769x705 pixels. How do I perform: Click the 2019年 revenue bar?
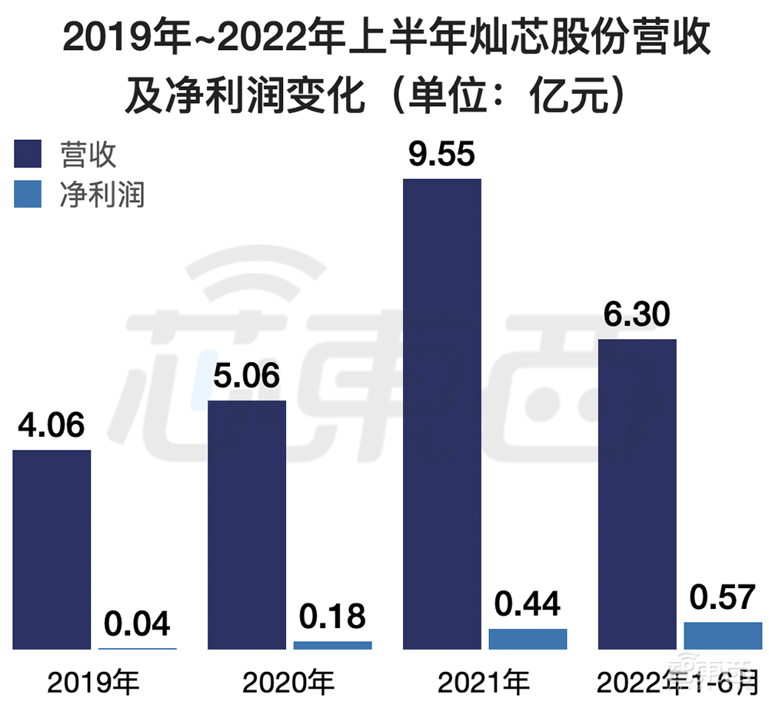point(52,550)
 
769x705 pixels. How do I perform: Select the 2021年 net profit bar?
point(528,639)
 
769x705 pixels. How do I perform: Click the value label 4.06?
point(52,425)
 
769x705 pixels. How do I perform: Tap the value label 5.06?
point(247,376)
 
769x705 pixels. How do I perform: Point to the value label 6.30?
point(637,314)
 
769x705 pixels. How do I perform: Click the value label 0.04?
point(137,624)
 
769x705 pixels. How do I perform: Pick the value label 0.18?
point(332,617)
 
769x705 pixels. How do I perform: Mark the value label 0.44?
point(528,604)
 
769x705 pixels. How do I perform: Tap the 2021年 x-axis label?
point(484,680)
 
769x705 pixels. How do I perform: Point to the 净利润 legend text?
point(102,195)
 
